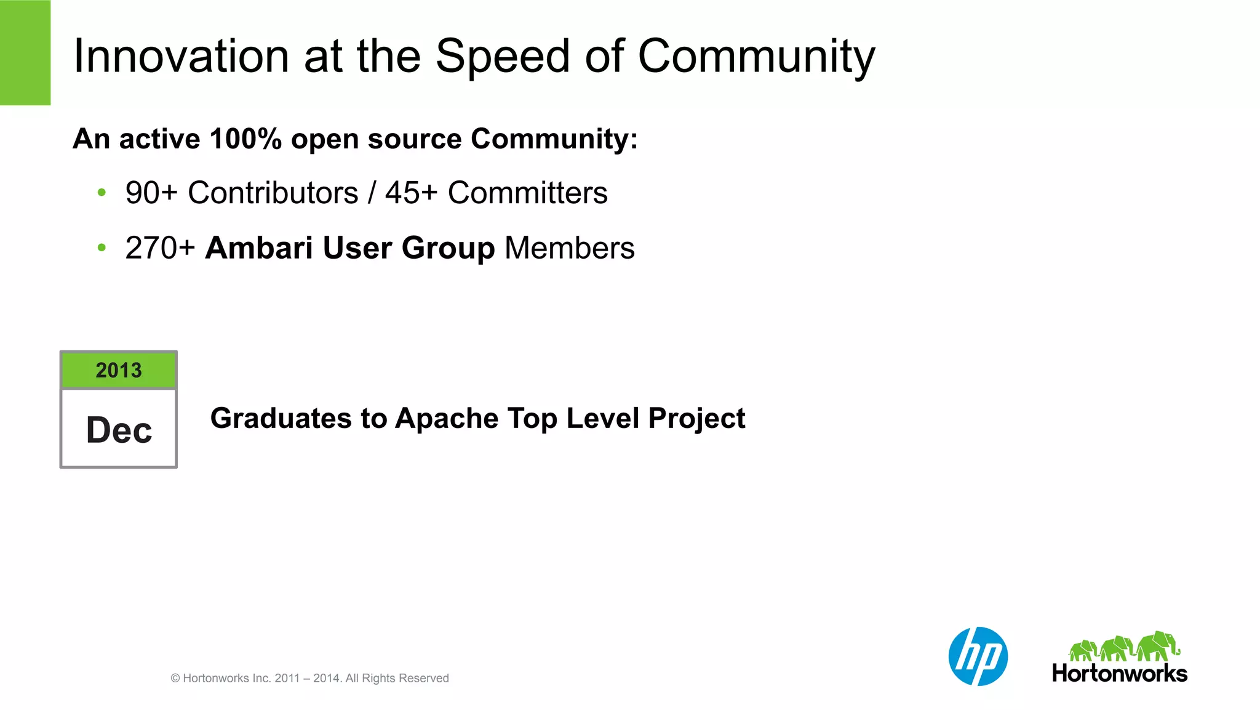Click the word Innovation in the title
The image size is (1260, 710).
point(181,57)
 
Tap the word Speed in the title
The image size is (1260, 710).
point(503,57)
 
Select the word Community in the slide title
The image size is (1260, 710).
point(756,57)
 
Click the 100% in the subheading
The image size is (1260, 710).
point(245,139)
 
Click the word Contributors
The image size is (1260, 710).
point(273,193)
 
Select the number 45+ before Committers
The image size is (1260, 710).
point(411,193)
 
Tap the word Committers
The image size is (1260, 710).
point(527,193)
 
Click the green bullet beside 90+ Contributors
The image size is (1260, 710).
point(102,193)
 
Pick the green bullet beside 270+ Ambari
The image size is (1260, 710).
point(102,248)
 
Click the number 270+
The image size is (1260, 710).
point(160,248)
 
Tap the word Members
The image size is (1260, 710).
point(569,248)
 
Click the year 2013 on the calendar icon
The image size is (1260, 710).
point(119,371)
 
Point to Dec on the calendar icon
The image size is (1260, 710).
point(119,430)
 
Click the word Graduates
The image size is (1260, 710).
point(281,419)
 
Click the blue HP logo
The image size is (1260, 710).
point(978,656)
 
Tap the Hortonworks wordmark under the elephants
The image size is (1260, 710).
point(1120,674)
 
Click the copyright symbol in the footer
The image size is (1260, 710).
point(175,679)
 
